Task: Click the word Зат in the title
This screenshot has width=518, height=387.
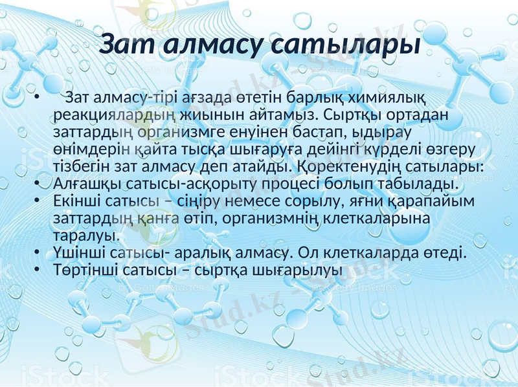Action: [x=128, y=46]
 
